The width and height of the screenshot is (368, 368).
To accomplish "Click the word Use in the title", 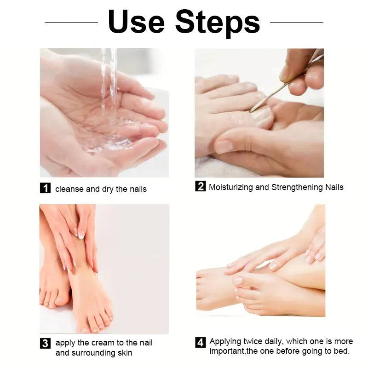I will (137, 22).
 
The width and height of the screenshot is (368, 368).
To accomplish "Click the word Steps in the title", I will (217, 22).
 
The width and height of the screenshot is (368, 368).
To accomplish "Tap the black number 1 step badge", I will (45, 188).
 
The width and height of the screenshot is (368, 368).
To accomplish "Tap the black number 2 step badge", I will (200, 186).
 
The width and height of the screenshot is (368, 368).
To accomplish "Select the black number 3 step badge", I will (45, 343).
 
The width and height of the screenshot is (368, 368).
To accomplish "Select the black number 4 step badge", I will (200, 342).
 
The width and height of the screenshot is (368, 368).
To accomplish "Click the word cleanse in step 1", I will (69, 189).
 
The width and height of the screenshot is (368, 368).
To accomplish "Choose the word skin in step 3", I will (124, 353).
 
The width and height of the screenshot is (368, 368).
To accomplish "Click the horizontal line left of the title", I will (71, 22).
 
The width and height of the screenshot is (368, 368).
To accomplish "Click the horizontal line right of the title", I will (296, 22).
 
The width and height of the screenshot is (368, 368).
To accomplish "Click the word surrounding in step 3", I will (92, 353).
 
